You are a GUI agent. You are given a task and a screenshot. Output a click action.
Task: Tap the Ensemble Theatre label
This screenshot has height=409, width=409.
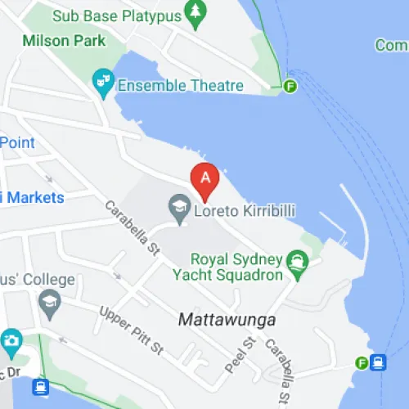pos(180,85)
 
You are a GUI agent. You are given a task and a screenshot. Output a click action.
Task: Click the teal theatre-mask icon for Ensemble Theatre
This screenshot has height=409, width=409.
pos(102,81)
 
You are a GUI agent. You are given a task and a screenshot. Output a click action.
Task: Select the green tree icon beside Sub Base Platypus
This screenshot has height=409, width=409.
pos(196,11)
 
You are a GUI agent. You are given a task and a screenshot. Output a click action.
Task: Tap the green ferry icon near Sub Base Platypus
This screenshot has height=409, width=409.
pos(290,86)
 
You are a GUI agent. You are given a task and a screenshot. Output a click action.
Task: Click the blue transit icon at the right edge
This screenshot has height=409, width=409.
pos(378,362)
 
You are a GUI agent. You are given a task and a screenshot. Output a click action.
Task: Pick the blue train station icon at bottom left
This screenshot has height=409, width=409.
pos(41,388)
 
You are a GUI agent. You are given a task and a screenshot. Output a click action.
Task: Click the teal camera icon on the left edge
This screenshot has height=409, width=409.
pos(11,340)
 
